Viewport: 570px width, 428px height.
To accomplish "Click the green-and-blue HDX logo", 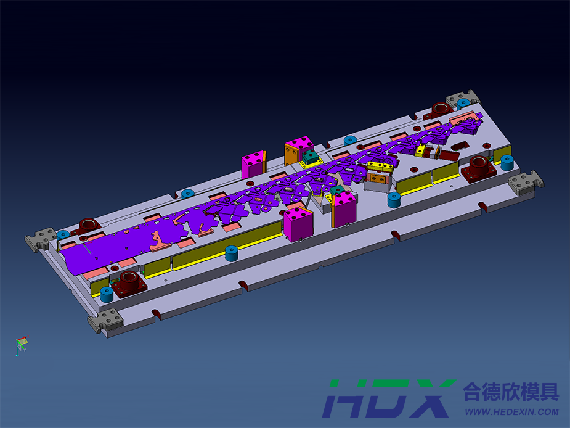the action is tap(389, 398).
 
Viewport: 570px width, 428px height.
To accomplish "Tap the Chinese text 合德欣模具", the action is tap(511, 392).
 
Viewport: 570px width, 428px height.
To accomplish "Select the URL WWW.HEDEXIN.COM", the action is tap(512, 412).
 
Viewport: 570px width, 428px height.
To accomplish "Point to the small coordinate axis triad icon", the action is tap(22, 345).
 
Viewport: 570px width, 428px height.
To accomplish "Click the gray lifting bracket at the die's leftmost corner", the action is tap(40, 239).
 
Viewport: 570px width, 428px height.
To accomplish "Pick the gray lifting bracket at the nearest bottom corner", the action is tap(105, 321).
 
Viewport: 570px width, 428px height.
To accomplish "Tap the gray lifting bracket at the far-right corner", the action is tap(525, 183).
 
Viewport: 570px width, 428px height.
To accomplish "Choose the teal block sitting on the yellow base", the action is tap(310, 157).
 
